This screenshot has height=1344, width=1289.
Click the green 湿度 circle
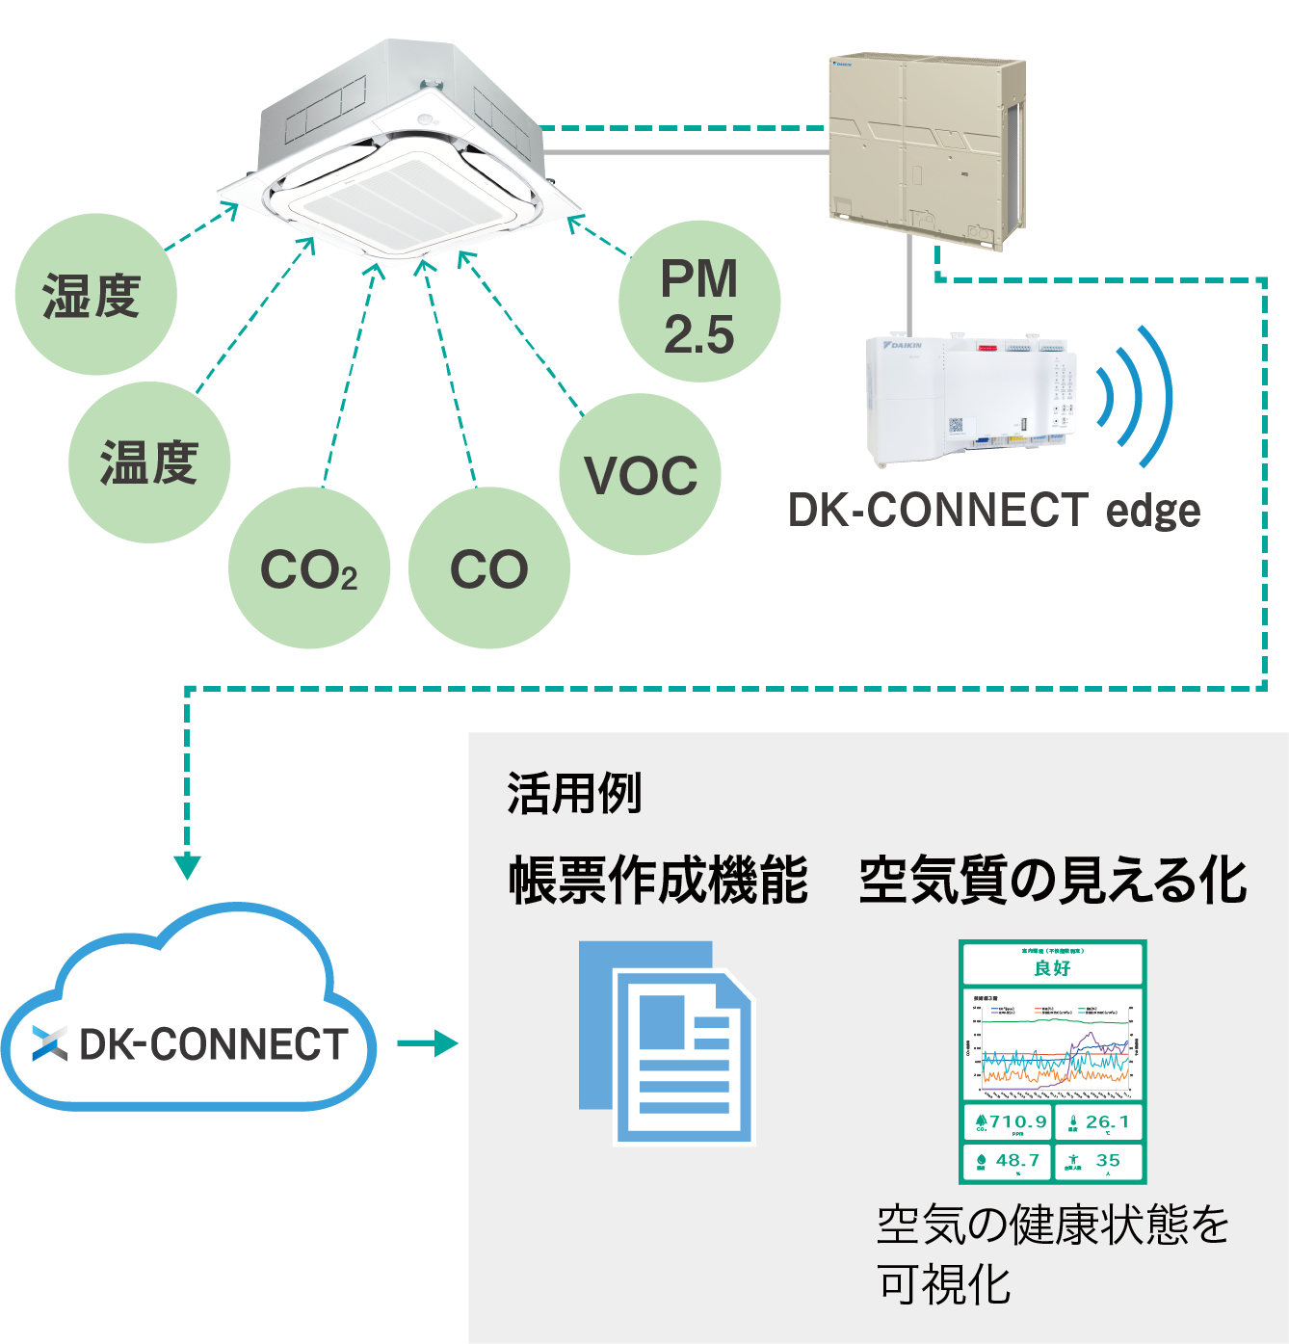pyautogui.click(x=95, y=295)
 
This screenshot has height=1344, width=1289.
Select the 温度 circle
pyautogui.click(x=149, y=462)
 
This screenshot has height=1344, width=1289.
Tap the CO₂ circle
pyautogui.click(x=308, y=568)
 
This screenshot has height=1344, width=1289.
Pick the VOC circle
pyautogui.click(x=640, y=474)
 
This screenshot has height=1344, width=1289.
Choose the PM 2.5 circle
pyautogui.click(x=699, y=303)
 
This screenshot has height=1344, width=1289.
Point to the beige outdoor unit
pyautogui.click(x=925, y=149)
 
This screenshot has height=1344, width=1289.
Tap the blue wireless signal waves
pyautogui.click(x=1137, y=395)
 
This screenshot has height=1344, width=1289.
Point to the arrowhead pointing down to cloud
pyautogui.click(x=187, y=864)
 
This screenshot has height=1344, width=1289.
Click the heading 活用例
pyautogui.click(x=574, y=794)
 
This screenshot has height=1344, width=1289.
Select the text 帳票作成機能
pyautogui.click(x=658, y=881)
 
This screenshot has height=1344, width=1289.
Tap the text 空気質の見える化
pyautogui.click(x=1052, y=881)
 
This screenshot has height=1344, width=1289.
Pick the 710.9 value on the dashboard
pyautogui.click(x=1017, y=1121)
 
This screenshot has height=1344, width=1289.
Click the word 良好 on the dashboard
pyautogui.click(x=1052, y=967)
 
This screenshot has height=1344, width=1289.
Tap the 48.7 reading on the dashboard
pyautogui.click(x=1017, y=1160)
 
